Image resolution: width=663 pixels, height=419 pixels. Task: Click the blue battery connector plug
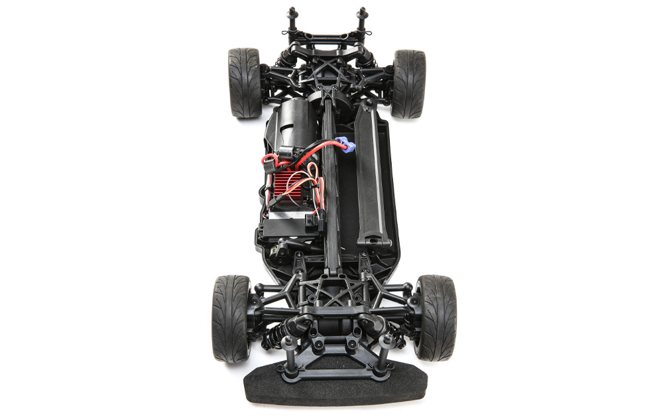point(345,143)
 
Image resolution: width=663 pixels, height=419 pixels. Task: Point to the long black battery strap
point(369,172)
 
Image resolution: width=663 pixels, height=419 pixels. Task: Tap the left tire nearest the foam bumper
point(231,318)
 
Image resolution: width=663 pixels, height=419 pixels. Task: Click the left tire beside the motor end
point(245,83)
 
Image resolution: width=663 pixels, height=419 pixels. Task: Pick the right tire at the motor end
point(408,84)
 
